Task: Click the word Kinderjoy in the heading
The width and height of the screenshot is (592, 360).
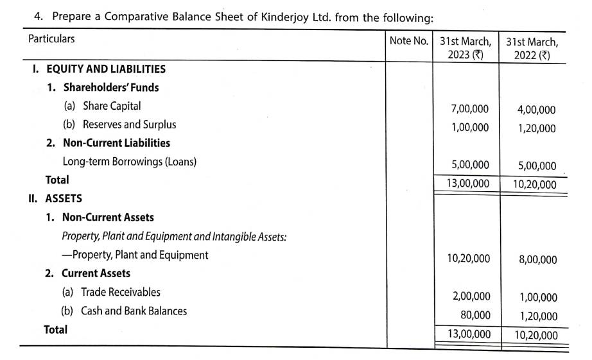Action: (x=286, y=17)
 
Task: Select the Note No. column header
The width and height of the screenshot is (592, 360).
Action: (x=408, y=41)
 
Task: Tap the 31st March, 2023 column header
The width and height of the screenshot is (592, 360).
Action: (x=466, y=48)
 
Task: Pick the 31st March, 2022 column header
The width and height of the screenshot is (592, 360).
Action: (x=532, y=48)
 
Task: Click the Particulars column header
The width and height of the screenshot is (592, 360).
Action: (x=51, y=39)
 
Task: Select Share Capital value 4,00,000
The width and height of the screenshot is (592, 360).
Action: (x=537, y=110)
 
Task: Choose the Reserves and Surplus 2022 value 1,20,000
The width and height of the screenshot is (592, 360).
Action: (x=537, y=128)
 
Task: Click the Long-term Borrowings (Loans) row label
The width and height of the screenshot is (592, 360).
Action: (x=129, y=162)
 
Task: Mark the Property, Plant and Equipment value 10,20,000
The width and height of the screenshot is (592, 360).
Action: (x=469, y=259)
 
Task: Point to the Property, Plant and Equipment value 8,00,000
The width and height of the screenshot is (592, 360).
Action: (x=538, y=260)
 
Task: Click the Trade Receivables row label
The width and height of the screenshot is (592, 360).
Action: (x=121, y=292)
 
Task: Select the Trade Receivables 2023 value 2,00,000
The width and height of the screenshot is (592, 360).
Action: (x=471, y=296)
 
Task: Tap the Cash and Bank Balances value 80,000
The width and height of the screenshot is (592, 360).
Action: (x=476, y=315)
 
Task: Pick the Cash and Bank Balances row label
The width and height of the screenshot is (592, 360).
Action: (x=134, y=311)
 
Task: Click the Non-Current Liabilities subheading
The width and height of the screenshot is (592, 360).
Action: (x=116, y=143)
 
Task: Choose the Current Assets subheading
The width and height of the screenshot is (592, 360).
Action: (x=96, y=273)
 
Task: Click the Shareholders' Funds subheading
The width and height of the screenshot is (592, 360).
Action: (x=110, y=87)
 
